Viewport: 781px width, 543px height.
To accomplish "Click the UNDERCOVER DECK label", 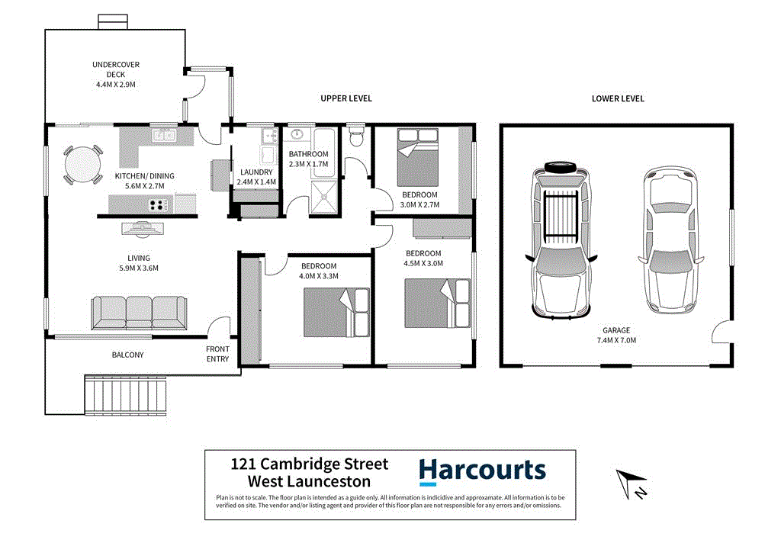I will coord(115,69).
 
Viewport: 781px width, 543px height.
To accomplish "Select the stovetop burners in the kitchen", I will coord(158,204).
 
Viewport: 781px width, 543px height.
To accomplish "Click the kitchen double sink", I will coord(163,136).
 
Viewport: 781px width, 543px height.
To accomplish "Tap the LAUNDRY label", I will coord(256,172).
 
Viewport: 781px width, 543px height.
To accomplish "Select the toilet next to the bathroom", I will coord(355,138).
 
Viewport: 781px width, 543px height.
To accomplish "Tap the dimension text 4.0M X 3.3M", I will coord(318,276).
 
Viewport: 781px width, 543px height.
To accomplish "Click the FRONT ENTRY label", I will coord(217,354).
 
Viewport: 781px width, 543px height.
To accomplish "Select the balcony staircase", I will coord(125,397).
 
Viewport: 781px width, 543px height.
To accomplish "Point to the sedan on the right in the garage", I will coord(668,240).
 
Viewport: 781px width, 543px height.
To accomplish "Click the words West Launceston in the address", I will coord(309,481).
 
